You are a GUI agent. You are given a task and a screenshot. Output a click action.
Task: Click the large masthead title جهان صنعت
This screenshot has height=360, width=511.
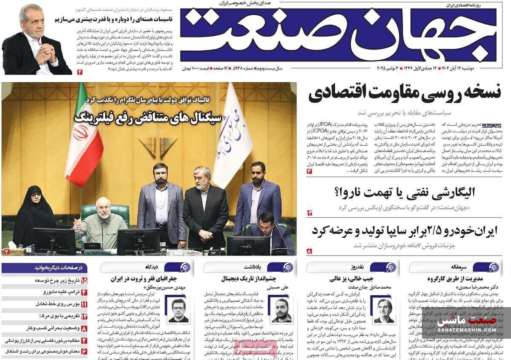[339, 34]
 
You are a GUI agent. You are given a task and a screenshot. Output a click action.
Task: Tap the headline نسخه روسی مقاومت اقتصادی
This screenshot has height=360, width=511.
[405, 93]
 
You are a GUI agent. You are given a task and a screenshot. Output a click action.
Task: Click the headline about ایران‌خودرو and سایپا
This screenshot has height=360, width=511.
[404, 230]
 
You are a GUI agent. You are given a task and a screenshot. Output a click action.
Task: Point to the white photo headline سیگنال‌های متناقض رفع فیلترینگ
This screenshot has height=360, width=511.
[148, 117]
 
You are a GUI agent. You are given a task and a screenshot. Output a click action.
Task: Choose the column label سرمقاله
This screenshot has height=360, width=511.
[459, 267]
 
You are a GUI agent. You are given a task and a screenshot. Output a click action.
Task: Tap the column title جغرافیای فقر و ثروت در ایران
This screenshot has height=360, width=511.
[143, 279]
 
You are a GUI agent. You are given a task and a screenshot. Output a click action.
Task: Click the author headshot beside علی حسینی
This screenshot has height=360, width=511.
[282, 310]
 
